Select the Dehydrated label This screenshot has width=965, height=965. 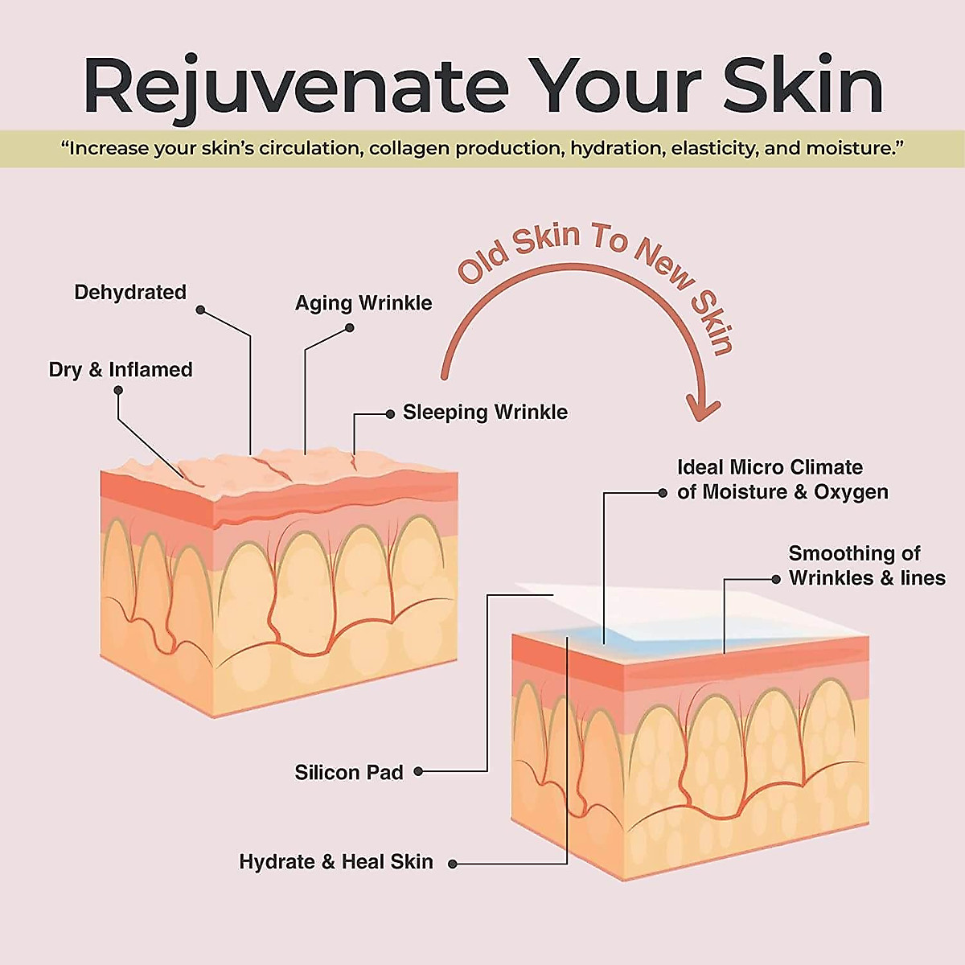(130, 292)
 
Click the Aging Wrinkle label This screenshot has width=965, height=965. (363, 303)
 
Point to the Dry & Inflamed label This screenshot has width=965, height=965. (121, 370)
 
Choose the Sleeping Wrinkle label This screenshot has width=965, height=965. (485, 413)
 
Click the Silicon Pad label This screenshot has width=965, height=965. (349, 773)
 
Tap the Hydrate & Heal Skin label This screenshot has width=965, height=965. (336, 862)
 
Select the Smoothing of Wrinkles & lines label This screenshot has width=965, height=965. (866, 565)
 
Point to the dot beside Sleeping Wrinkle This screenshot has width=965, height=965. (390, 414)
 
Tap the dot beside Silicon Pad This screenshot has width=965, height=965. (418, 772)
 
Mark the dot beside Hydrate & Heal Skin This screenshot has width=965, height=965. (453, 864)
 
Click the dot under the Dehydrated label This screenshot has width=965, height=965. (200, 310)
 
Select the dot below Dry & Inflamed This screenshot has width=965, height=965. (118, 390)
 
